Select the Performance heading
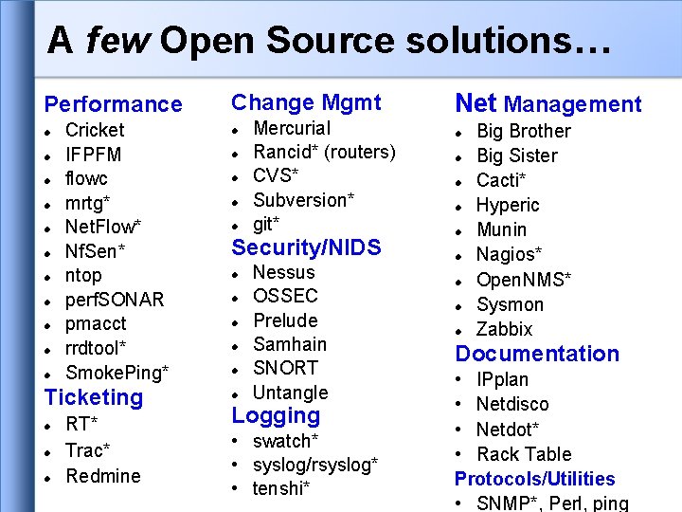point(114,104)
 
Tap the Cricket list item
point(95,130)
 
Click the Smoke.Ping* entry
point(117,372)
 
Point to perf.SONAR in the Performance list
point(115,300)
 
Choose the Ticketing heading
point(94,397)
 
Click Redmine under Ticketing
point(103,476)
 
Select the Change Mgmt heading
point(306,102)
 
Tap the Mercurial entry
point(292,128)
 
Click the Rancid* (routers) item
point(324,152)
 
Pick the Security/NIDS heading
point(306,247)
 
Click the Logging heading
point(276,415)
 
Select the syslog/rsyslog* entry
point(315,465)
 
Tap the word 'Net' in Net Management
point(476,103)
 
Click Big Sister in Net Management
point(516,155)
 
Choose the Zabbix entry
point(504,329)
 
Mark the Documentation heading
point(537,354)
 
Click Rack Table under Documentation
point(524,454)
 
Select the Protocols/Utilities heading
point(534,479)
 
